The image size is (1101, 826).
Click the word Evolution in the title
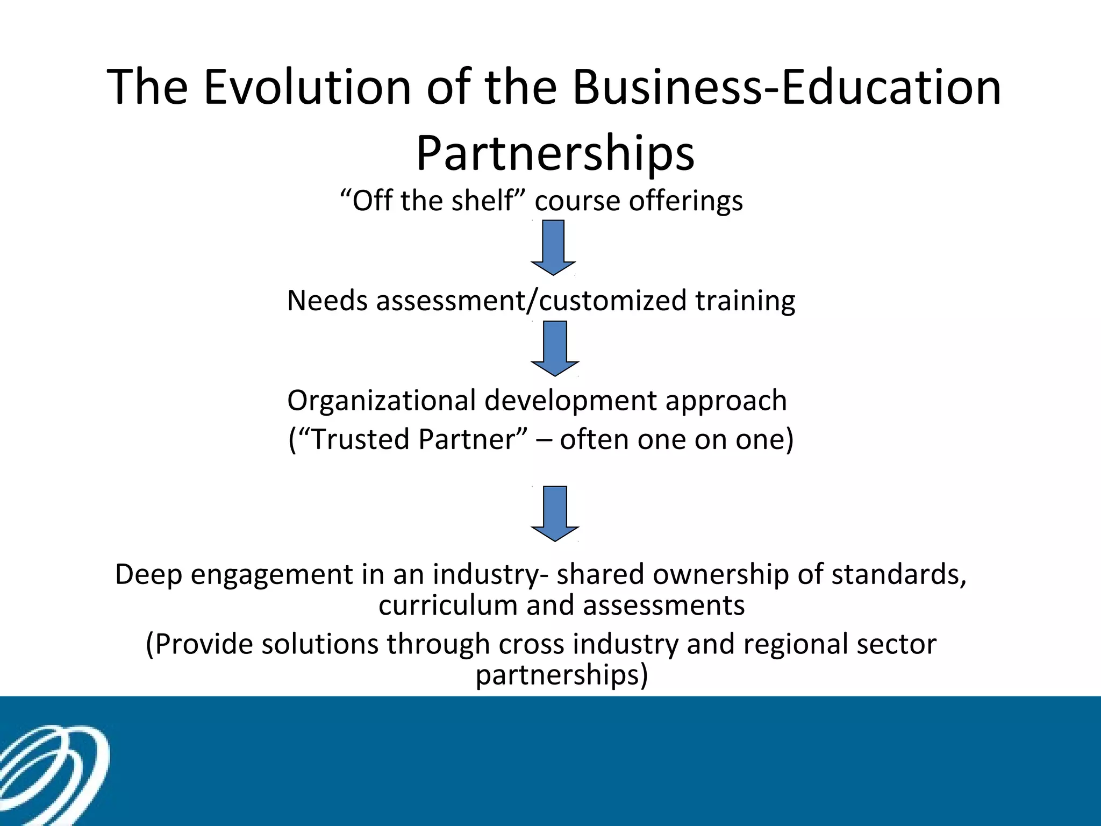[x=307, y=87]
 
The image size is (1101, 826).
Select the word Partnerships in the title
[x=555, y=154]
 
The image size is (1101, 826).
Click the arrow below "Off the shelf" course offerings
[x=553, y=247]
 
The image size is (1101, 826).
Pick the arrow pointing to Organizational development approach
[x=555, y=348]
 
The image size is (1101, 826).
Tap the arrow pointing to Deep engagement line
[x=555, y=514]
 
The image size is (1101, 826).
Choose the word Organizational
[x=382, y=401]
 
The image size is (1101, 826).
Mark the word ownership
[x=720, y=575]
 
